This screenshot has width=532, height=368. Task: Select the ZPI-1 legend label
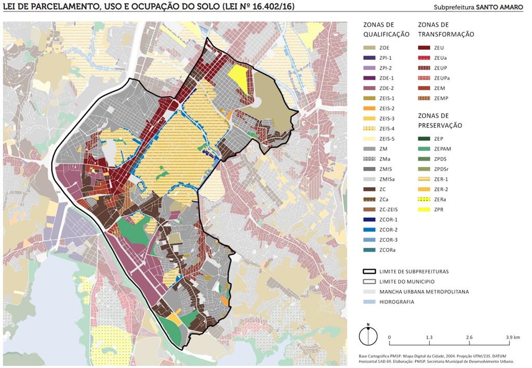coord(387,58)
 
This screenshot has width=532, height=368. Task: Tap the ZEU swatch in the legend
coord(425,48)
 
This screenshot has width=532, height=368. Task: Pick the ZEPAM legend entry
coord(443,149)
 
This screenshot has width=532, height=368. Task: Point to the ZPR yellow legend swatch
coord(425,209)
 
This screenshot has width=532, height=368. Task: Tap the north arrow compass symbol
coord(368,335)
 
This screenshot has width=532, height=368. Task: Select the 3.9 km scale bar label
coord(513,337)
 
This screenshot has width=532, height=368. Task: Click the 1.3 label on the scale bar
coord(429,337)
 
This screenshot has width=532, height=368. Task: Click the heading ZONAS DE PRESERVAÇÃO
coord(440,121)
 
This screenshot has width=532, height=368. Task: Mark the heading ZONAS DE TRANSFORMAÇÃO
coord(446,30)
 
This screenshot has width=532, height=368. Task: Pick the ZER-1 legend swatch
coord(425,179)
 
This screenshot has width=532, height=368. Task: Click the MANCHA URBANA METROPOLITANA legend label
coord(424,292)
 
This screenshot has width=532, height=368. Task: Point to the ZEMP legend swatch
coord(425,98)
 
